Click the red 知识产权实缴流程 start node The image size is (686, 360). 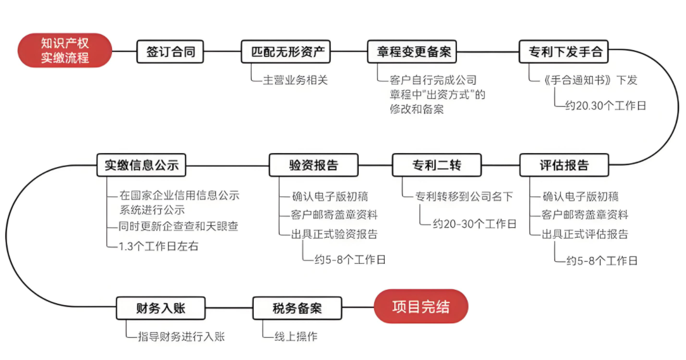pos(65,51)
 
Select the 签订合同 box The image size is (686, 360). pos(170,52)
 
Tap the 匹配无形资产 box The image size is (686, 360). pos(285,52)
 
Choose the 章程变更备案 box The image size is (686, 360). pos(412,52)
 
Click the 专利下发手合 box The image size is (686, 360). pos(563,52)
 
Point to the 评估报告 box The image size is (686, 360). pos(564,165)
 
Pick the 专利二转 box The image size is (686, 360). pos(437,165)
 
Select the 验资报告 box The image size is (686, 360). pos(314,165)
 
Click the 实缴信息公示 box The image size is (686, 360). pos(141,165)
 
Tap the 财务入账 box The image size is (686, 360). pos(161,308)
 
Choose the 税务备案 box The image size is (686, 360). pos(297,308)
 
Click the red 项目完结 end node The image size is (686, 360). pos(421,306)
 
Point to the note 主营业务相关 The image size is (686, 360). pos(296,80)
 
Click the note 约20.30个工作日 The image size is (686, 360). pos(606,106)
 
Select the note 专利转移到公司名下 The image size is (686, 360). pos(464,196)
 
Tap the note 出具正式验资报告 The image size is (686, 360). pos(334,234)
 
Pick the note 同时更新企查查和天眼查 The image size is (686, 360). pos(178,226)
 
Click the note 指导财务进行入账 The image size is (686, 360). pos(181,337)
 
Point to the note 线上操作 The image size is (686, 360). pos(296,337)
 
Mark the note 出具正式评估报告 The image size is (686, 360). pos(585,234)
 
